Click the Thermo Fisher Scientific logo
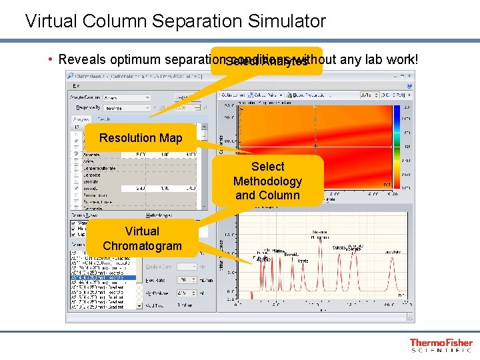441,345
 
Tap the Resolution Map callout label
141,138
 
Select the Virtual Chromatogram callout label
142,238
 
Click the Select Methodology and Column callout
267,181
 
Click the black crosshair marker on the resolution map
316,146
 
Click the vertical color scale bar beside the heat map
396,146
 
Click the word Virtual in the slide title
53,21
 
